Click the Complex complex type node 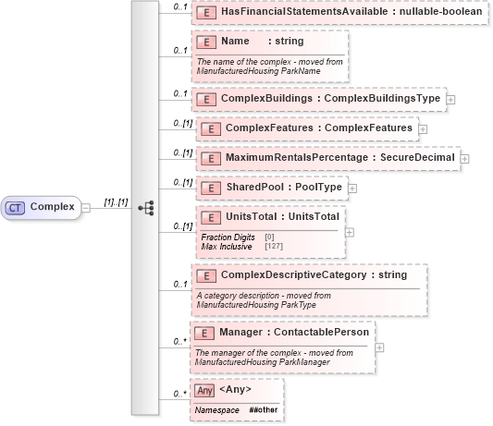coord(45,207)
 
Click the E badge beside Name coord(209,42)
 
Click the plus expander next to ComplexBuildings coord(450,97)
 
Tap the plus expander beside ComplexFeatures coord(423,128)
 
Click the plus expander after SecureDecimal coord(464,159)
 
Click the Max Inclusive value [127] coord(274,247)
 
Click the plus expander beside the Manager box coord(380,347)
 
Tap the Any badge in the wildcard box coord(204,391)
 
